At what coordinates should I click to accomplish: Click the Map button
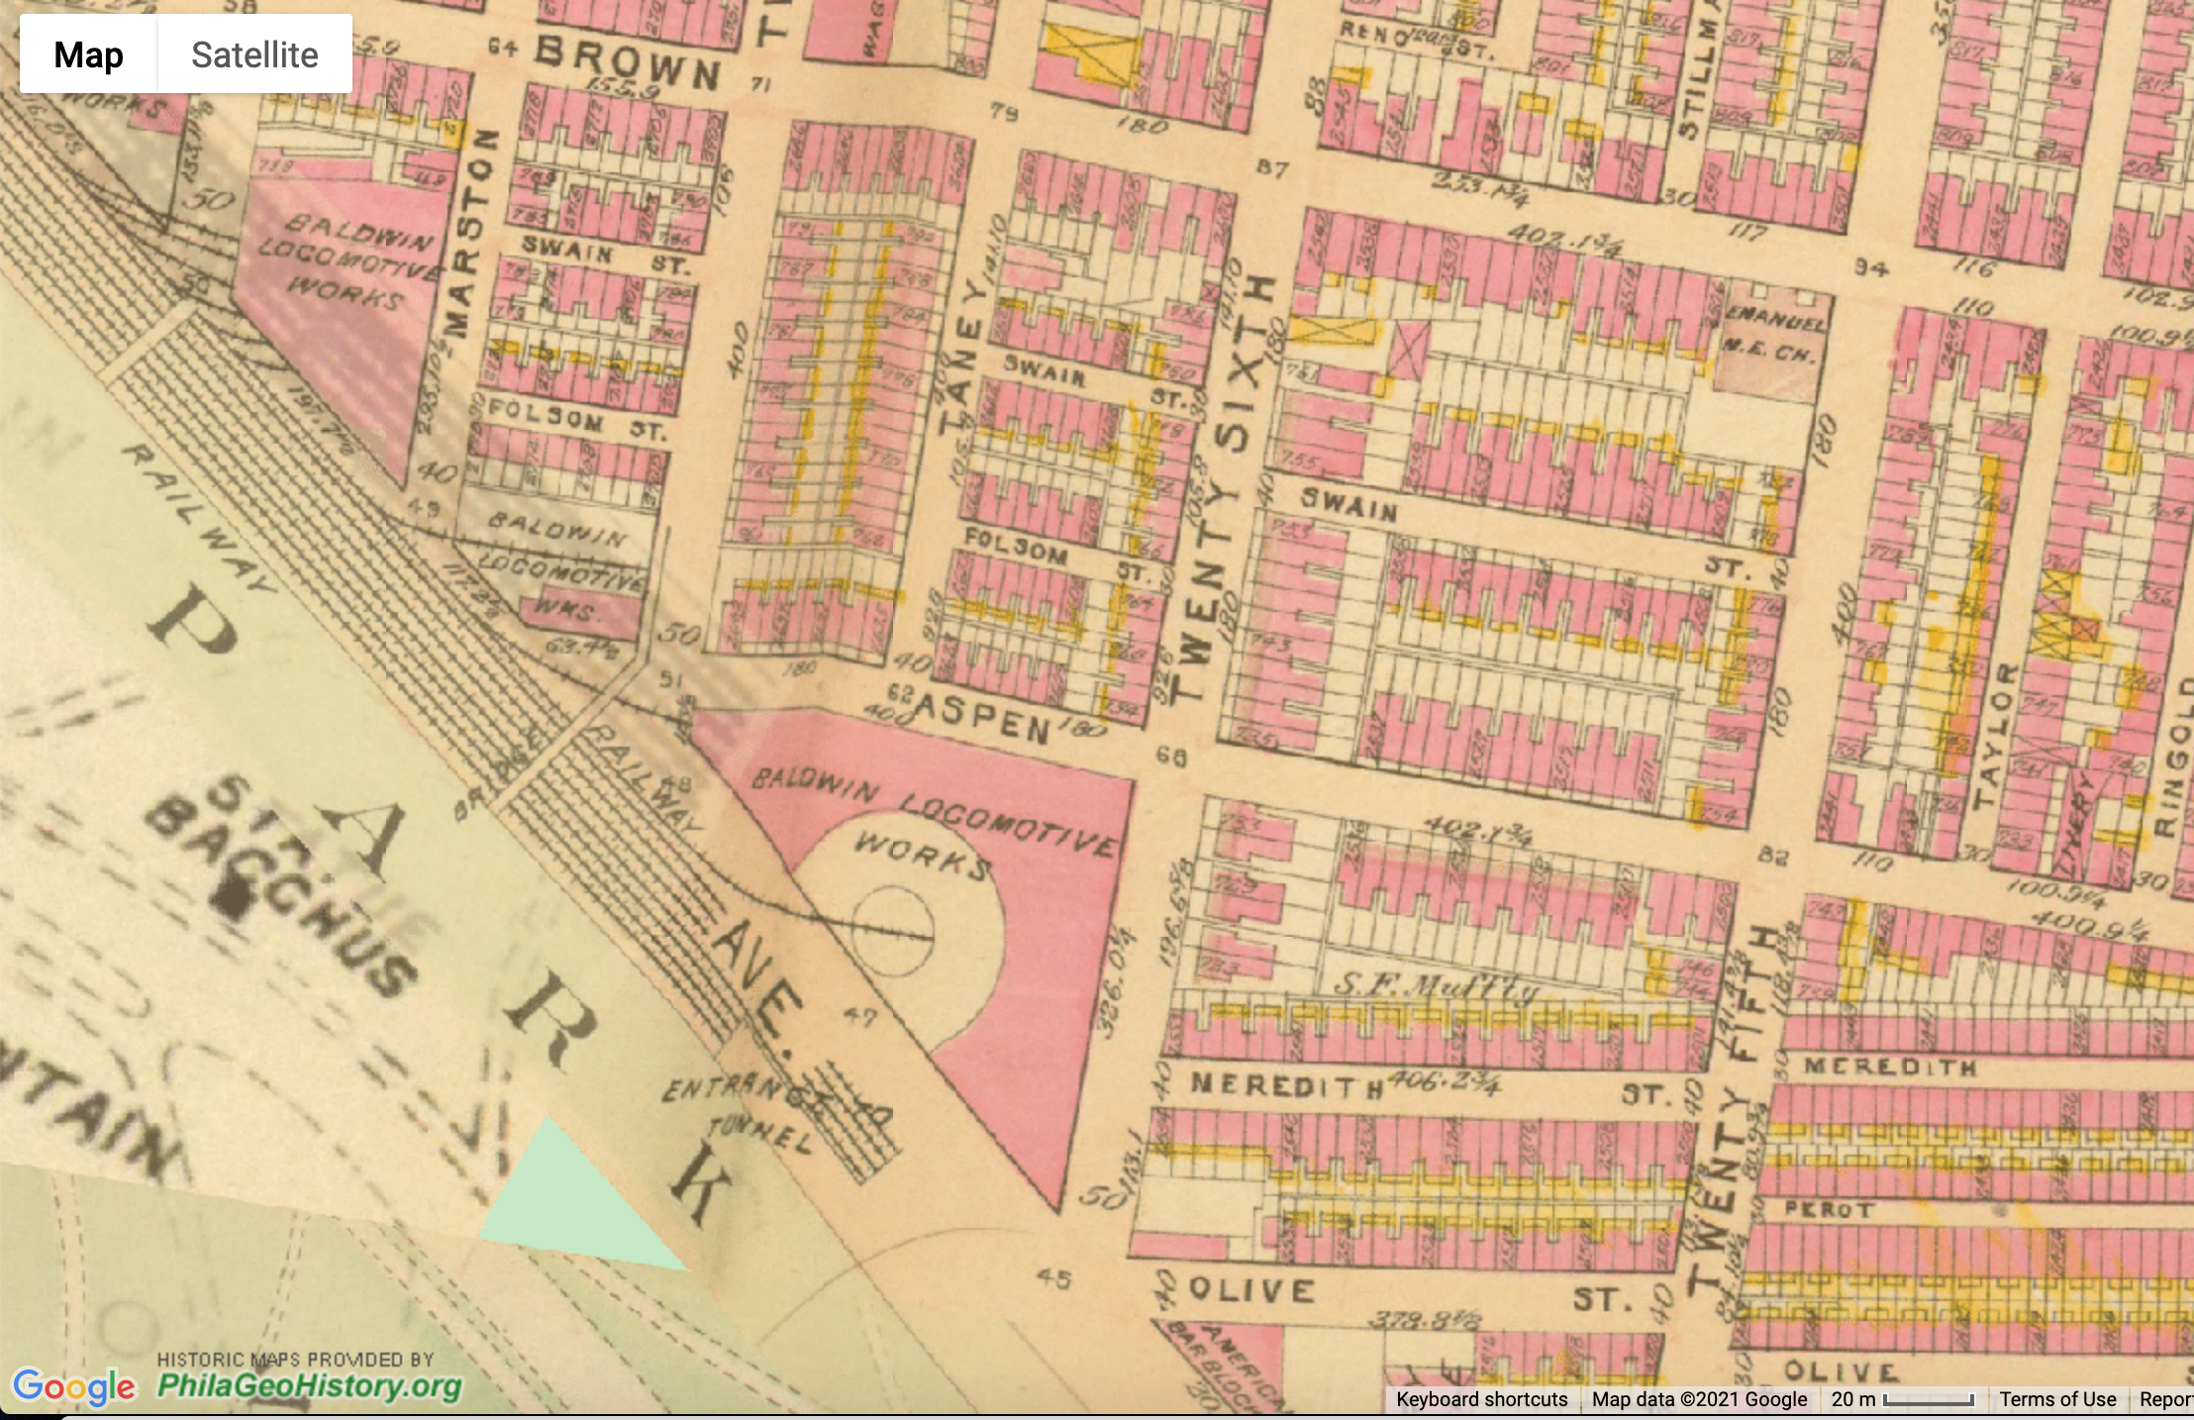(88, 54)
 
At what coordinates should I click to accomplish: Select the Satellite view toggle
(254, 54)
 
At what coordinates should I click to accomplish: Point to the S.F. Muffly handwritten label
(1436, 985)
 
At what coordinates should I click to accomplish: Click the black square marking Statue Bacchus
(234, 898)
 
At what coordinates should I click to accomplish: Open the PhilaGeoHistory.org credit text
(309, 1384)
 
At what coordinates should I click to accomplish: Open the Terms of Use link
(2056, 1399)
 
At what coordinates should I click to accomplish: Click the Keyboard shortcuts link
(1481, 1399)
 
